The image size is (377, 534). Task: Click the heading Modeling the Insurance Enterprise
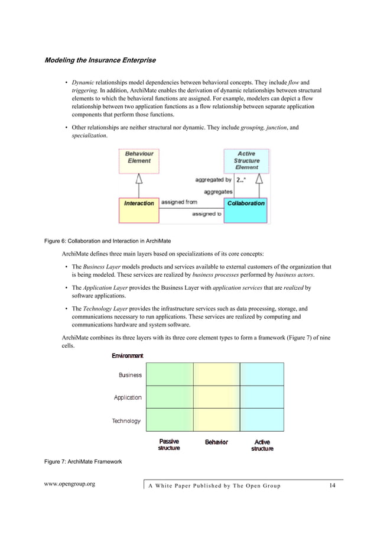tap(101, 60)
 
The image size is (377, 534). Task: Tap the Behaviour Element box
tap(138, 160)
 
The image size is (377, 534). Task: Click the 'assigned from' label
tap(180, 202)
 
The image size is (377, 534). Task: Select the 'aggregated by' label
tap(213, 180)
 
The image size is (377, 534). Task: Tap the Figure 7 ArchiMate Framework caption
tap(83, 461)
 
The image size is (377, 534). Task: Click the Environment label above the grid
tap(128, 355)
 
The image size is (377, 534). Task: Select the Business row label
tap(130, 375)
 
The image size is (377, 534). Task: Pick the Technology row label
tap(126, 421)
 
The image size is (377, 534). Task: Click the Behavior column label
tap(216, 442)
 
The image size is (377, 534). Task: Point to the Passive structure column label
tap(169, 445)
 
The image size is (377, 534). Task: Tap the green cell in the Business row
tap(169, 374)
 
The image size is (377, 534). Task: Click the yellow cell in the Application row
tap(216, 397)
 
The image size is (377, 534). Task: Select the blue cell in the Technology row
tap(262, 420)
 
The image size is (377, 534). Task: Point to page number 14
tap(333, 486)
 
